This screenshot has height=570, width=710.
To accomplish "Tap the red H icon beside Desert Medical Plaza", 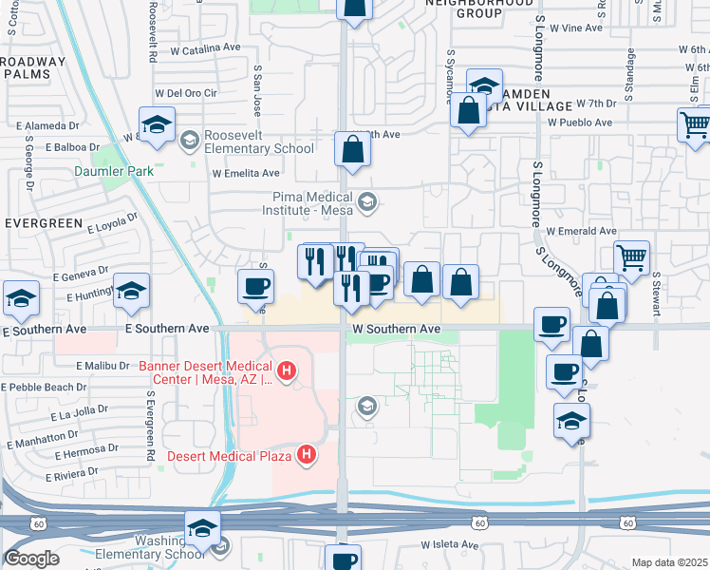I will tap(306, 455).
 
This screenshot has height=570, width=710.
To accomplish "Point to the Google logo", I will tap(31, 559).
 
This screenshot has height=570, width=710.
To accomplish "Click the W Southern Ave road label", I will tap(396, 329).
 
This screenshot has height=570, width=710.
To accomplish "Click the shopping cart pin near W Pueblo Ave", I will tap(694, 124).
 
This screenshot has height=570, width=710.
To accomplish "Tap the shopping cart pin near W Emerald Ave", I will tap(631, 256).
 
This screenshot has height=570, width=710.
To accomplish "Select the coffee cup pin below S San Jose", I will tap(255, 285).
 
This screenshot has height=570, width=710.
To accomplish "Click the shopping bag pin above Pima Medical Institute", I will tap(352, 150).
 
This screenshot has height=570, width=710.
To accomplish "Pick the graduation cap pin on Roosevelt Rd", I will tap(157, 124).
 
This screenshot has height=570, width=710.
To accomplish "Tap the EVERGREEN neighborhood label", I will tap(44, 222).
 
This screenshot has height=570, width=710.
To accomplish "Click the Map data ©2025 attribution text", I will tap(669, 562).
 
